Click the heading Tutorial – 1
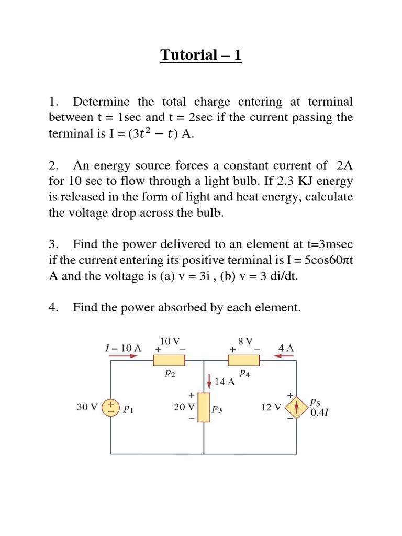(201, 54)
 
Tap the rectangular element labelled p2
(169, 360)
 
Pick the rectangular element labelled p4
(244, 360)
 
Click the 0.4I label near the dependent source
(320, 412)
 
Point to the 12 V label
(271, 407)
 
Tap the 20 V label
(184, 407)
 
